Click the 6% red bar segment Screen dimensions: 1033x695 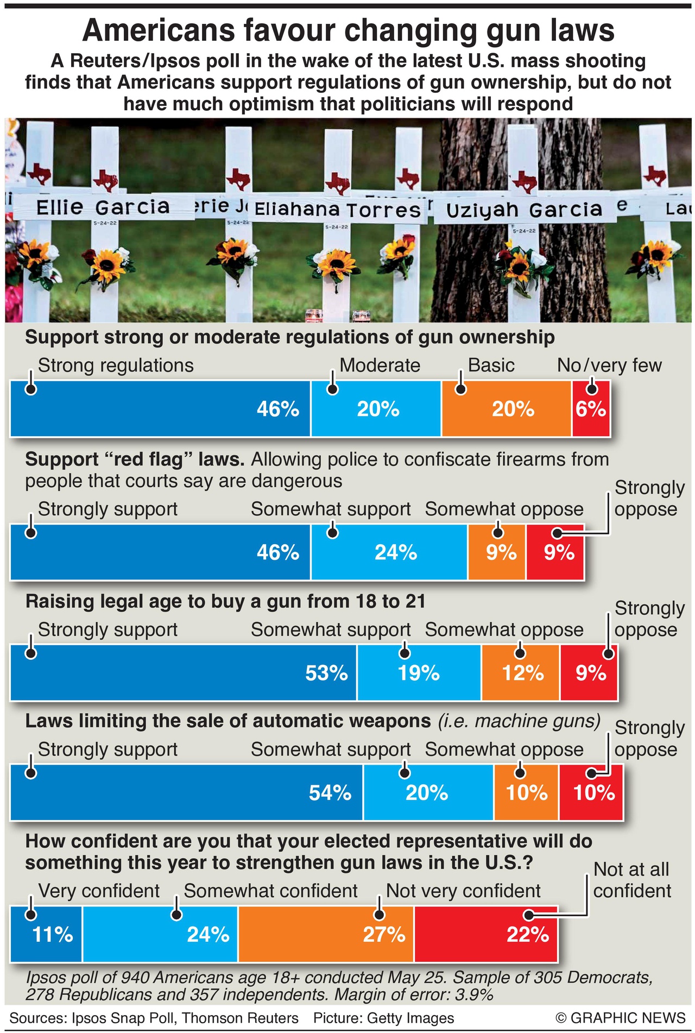(x=591, y=408)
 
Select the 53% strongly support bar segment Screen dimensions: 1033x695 (x=184, y=672)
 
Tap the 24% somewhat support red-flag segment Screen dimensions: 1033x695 (x=389, y=552)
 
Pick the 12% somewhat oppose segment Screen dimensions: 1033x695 (x=520, y=672)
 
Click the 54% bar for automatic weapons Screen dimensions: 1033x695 (x=186, y=792)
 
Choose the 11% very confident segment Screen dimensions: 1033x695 (x=47, y=934)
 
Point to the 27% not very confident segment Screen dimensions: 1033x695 (x=326, y=934)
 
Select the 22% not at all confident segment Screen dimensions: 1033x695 (x=485, y=934)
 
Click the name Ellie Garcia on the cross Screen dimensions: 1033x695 (x=103, y=207)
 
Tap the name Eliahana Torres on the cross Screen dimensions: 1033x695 (x=337, y=210)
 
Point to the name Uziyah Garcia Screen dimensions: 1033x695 (x=524, y=210)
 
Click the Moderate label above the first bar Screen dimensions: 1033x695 (x=380, y=365)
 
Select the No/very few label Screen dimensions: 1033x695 (x=609, y=365)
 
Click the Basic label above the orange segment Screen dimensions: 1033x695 (x=491, y=365)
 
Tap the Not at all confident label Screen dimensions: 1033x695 (x=632, y=880)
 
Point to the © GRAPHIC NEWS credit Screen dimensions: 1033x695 (x=620, y=1018)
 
